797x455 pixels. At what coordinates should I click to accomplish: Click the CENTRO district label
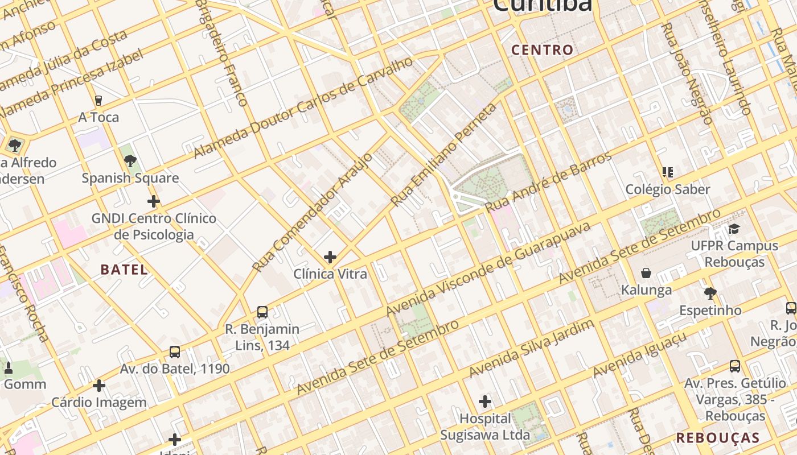point(542,50)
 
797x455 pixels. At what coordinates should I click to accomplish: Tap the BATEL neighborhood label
point(124,270)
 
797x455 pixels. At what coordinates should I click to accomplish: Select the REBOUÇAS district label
point(718,438)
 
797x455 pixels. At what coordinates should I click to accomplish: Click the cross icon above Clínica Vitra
point(330,257)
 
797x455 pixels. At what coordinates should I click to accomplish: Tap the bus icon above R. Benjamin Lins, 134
point(262,312)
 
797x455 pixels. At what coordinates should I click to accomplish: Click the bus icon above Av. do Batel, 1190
point(174,352)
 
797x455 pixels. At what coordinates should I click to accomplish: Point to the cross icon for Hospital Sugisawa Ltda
point(484,402)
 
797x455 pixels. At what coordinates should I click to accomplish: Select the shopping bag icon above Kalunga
point(646,274)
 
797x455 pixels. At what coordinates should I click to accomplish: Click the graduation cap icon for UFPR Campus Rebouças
point(734,229)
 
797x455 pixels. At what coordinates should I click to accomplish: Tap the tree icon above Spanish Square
point(130,161)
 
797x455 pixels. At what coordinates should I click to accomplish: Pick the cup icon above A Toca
point(98,101)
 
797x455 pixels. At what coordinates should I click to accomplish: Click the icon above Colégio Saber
point(668,172)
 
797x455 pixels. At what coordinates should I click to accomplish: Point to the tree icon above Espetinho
point(709,293)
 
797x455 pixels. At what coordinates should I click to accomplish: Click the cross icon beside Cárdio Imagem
point(99,386)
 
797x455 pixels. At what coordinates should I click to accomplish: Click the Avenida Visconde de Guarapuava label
point(488,269)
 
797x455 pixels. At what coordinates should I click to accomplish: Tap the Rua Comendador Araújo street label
point(312,212)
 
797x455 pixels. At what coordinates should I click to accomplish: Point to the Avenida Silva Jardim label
point(531,348)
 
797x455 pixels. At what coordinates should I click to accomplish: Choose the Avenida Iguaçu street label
point(639,354)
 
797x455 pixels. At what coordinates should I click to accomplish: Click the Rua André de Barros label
point(548,182)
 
